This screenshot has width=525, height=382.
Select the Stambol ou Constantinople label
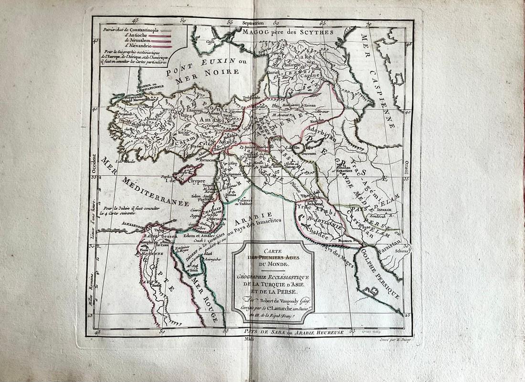click(x=147, y=88)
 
